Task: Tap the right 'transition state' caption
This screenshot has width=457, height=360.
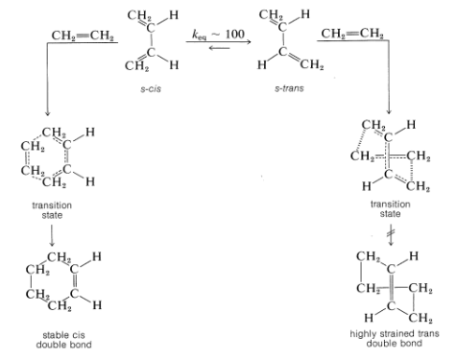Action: [x=391, y=209]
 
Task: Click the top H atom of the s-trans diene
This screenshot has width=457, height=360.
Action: [x=304, y=14]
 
